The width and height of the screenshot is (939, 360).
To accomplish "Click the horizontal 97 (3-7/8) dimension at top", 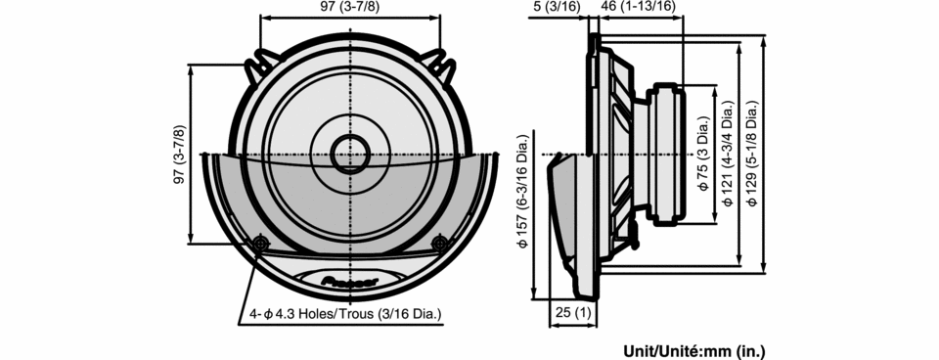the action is pyautogui.click(x=350, y=7).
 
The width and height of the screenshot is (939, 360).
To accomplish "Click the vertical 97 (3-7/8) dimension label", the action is pyautogui.click(x=178, y=155).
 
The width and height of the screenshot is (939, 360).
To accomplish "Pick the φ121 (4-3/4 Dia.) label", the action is pyautogui.click(x=728, y=155).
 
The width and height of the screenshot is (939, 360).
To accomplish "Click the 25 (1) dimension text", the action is pyautogui.click(x=573, y=312).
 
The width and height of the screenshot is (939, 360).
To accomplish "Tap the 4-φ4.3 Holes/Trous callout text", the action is pyautogui.click(x=346, y=313).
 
